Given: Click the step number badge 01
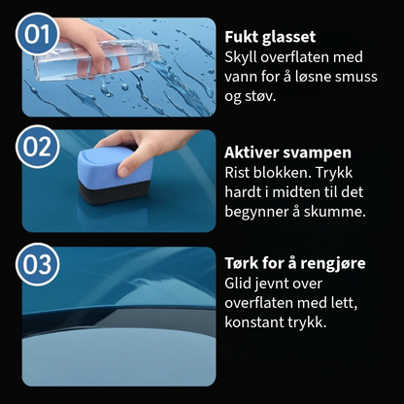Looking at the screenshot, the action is (x=37, y=34).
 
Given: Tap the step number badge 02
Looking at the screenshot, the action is (x=37, y=147).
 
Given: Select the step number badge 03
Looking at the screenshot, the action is (x=37, y=264).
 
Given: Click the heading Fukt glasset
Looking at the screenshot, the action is (x=270, y=37).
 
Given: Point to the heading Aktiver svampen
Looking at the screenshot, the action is (x=287, y=152).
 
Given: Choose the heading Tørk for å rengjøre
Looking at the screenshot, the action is (x=295, y=263).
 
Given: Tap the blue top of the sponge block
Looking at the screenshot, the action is (x=115, y=165).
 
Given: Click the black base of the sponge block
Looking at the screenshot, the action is (x=114, y=191).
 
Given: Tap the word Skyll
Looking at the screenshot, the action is (x=241, y=57).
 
